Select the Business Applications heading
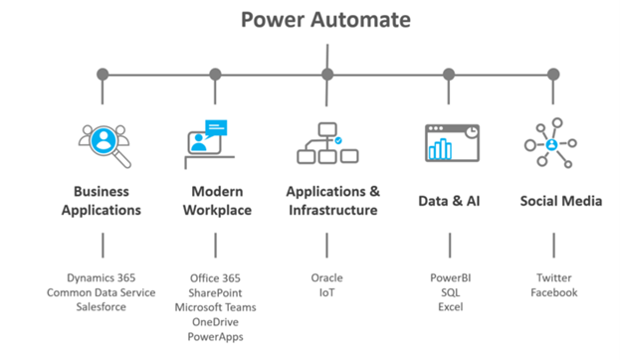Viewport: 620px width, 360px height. coord(102,200)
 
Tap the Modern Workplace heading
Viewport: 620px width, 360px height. coord(215,200)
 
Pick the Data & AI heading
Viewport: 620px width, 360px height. coord(449,201)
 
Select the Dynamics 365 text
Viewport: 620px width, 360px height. coord(102,278)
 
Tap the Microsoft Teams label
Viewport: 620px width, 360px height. coord(215,307)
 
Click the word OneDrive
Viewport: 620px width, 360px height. coord(215,322)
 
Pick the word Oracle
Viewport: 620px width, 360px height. coord(326,278)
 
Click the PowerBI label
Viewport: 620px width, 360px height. coord(450,278)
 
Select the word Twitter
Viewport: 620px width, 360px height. coord(553,278)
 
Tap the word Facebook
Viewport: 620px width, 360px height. coord(553,293)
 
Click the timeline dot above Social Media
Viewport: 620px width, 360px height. coord(553,74)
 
